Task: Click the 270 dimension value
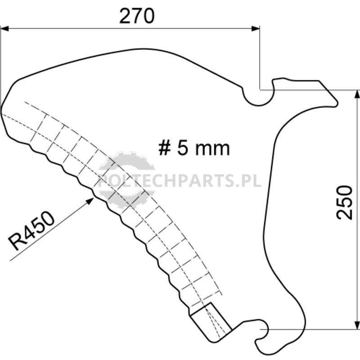pyautogui.click(x=137, y=16)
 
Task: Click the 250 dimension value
pyautogui.click(x=344, y=202)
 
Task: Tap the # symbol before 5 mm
pyautogui.click(x=165, y=148)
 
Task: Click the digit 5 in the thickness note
pyautogui.click(x=182, y=148)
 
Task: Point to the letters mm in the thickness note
pyautogui.click(x=212, y=150)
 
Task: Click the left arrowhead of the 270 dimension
pyautogui.click(x=4, y=29)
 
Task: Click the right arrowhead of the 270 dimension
pyautogui.click(x=256, y=29)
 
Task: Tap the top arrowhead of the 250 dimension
pyautogui.click(x=356, y=94)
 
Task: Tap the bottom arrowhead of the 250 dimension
pyautogui.click(x=356, y=325)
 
